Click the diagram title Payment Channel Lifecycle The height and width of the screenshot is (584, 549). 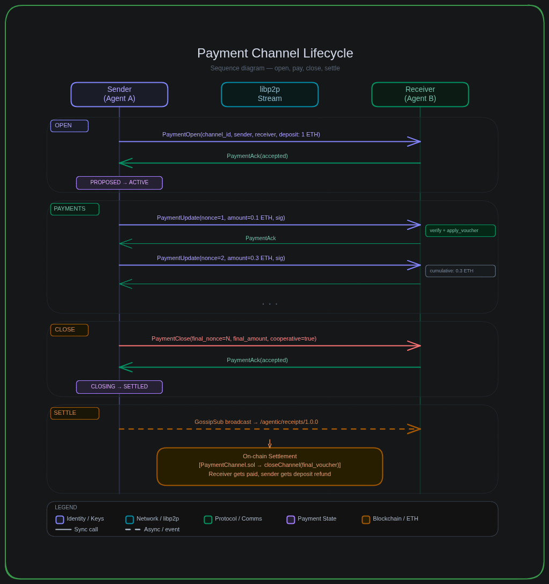(274, 53)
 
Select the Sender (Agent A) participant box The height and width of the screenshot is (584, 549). (119, 94)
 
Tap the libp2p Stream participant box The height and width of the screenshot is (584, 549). (270, 94)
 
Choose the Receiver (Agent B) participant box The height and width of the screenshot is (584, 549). (420, 94)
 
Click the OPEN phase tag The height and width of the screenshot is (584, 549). (69, 126)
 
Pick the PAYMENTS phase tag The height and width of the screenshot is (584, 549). (75, 209)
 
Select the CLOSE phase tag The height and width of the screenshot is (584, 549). (69, 330)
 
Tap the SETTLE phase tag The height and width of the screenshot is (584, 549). (75, 413)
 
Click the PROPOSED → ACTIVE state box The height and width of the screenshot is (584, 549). (119, 183)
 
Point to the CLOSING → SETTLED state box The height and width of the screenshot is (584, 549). (119, 387)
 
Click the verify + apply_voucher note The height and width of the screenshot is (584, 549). (460, 230)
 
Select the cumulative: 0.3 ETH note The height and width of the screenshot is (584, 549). (460, 271)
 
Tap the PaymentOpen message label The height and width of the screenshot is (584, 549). (241, 134)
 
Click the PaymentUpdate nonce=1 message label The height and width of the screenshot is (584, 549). (221, 218)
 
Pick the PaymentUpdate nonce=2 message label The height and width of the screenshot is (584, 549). (221, 258)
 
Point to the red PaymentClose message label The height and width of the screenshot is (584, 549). (234, 338)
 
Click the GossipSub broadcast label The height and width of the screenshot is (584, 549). (256, 422)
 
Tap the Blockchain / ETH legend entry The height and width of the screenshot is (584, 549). (390, 519)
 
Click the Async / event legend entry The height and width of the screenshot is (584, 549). (153, 529)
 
